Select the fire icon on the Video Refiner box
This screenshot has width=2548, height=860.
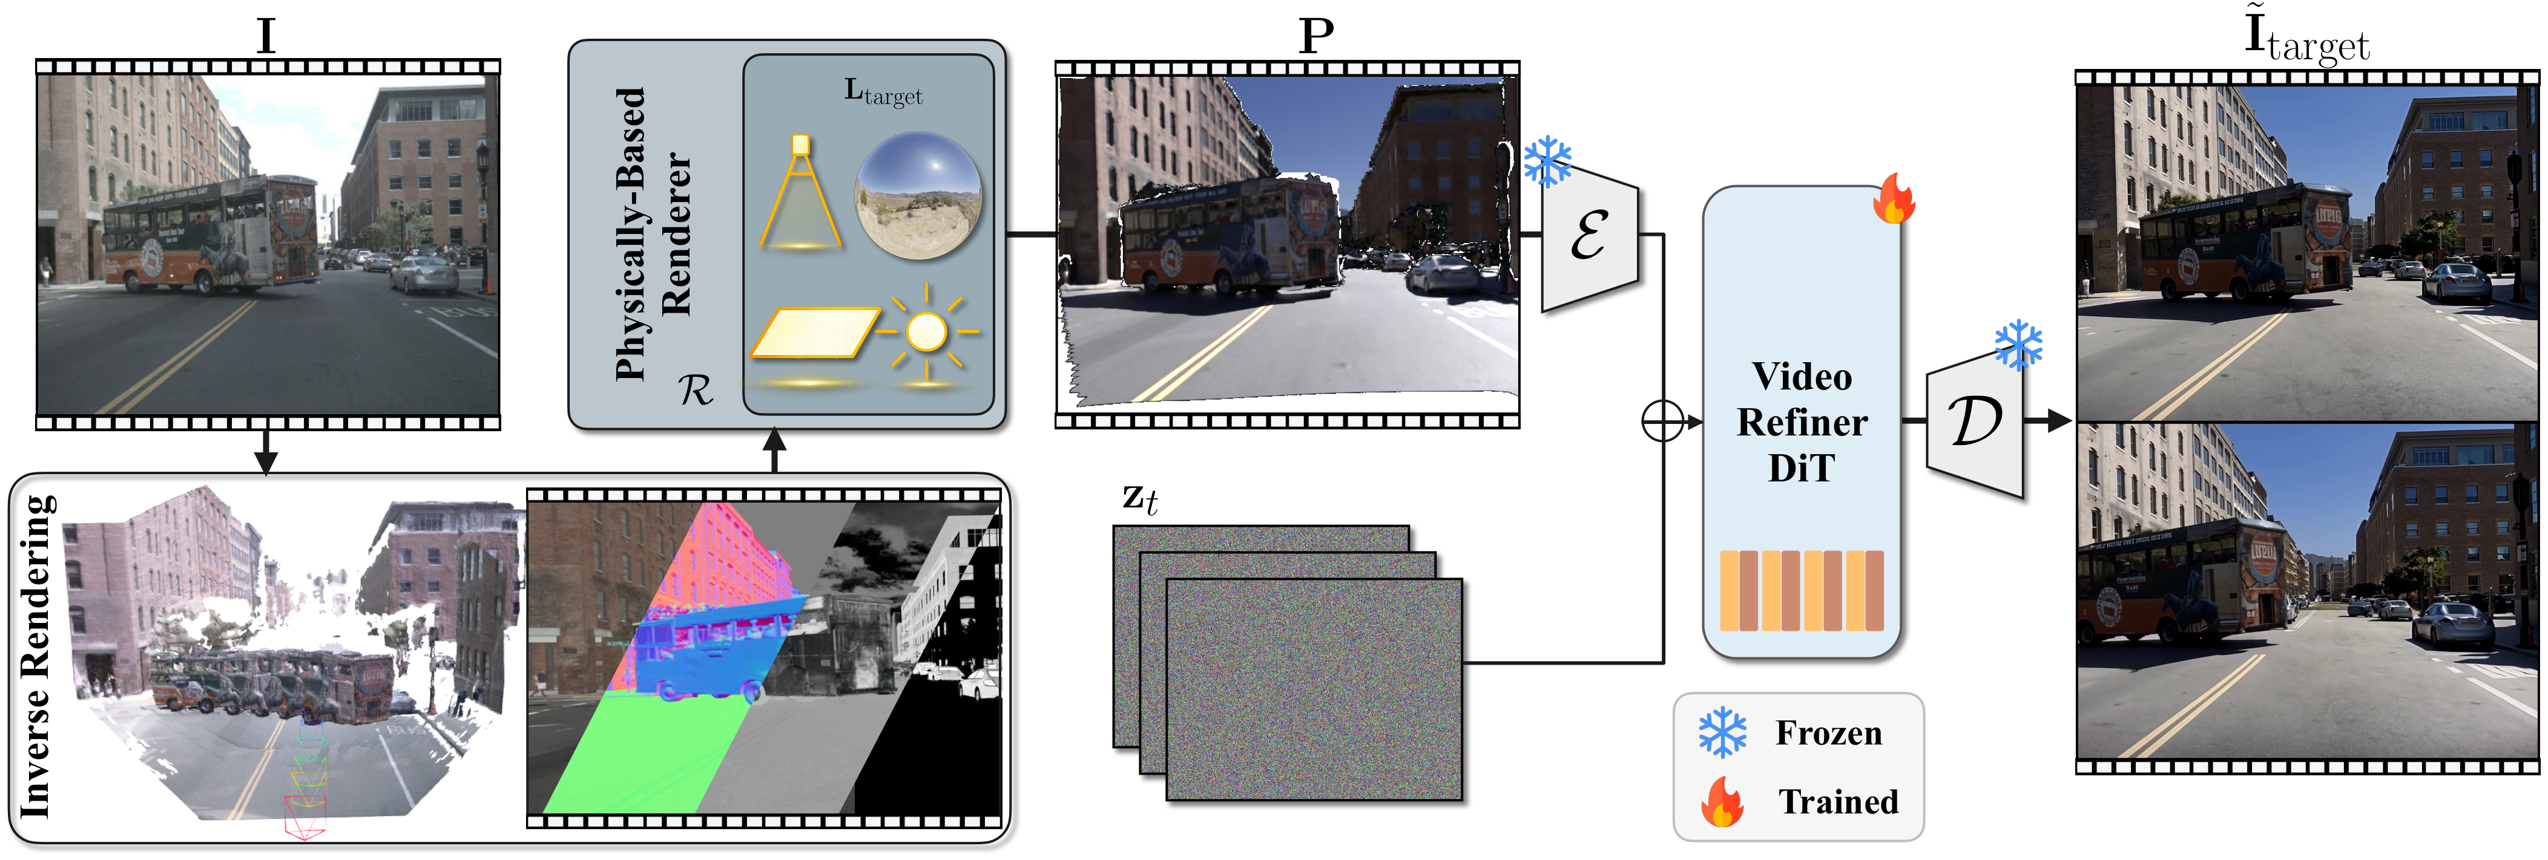coord(1893,198)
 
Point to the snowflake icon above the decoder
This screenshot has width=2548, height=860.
coord(2018,345)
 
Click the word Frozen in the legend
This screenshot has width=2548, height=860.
coord(1829,732)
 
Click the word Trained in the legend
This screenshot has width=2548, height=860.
coord(1839,801)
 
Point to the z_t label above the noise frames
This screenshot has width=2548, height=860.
coord(1139,498)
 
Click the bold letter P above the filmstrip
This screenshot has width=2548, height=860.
coord(1315,36)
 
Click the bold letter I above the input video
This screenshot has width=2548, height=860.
coord(265,36)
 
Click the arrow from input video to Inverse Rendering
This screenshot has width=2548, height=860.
coord(265,452)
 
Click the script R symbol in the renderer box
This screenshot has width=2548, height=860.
coord(696,391)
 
